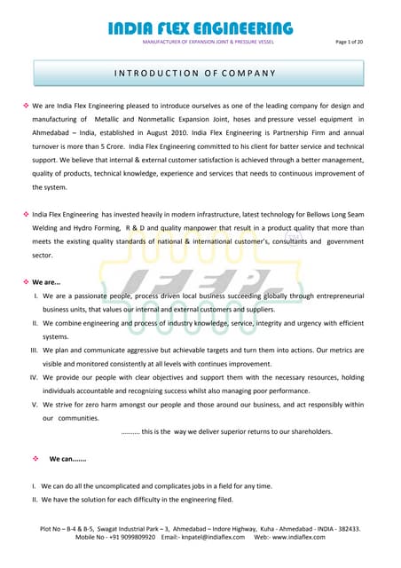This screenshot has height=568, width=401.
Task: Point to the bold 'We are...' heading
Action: coord(47,281)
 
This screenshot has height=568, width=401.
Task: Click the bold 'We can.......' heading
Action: coord(67,459)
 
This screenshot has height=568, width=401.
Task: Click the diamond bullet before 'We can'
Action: coord(35,459)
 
